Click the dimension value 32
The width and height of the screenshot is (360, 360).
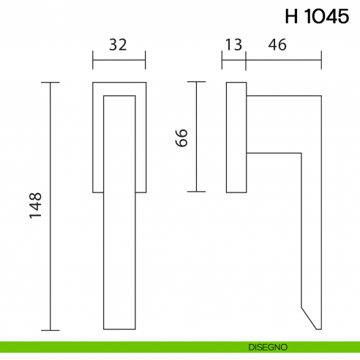[118, 45]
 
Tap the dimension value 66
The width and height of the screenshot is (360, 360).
[183, 137]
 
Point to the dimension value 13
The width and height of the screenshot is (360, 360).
[234, 45]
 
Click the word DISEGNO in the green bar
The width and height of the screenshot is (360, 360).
[268, 346]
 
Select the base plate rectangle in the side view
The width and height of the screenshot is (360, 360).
[236, 137]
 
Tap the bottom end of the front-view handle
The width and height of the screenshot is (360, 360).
[119, 328]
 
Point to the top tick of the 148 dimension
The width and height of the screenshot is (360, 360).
[50, 83]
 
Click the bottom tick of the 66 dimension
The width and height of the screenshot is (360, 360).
[195, 191]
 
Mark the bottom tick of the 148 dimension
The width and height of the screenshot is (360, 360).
[50, 331]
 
